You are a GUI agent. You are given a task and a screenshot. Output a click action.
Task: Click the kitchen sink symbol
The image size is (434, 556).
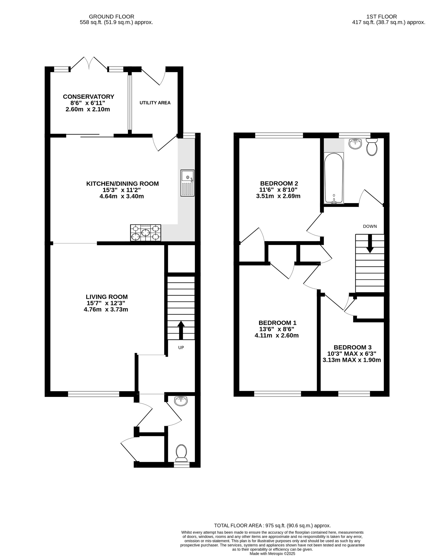tap(187, 183)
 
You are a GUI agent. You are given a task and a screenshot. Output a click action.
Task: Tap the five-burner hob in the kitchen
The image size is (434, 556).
tap(145, 233)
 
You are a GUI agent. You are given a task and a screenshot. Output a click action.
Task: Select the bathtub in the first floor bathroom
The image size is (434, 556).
tap(334, 178)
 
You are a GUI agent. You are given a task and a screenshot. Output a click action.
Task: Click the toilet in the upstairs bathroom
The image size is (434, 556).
tap(372, 147)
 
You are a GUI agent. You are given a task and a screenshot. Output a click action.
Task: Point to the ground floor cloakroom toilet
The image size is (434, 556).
tap(181, 453)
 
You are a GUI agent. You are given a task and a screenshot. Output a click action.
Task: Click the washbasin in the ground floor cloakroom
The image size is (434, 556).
tap(181, 401)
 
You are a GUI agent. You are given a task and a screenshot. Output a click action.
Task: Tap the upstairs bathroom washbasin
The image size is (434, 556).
tap(355, 144)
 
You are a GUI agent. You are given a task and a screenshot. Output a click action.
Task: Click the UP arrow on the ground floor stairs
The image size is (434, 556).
tap(181, 330)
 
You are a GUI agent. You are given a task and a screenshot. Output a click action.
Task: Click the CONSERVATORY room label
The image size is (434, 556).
tap(88, 97)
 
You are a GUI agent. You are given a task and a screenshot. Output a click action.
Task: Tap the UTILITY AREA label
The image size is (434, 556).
tap(155, 103)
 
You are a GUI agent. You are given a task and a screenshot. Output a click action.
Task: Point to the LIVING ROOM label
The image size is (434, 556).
tap(107, 297)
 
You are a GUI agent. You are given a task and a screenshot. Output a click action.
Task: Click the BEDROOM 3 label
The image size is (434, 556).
tap(352, 347)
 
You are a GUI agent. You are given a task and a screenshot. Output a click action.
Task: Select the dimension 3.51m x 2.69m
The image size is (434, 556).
tap(278, 196)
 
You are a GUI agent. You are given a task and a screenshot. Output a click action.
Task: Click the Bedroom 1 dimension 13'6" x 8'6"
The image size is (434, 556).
tap(277, 329)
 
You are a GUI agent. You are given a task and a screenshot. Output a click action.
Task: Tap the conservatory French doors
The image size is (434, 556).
tap(89, 63)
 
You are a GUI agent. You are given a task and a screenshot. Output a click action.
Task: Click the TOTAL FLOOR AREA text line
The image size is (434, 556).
tap(272, 525)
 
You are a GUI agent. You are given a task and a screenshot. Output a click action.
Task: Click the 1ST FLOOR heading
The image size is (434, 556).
tap(381, 17)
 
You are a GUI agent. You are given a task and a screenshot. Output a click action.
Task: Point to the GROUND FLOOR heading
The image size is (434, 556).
tap(112, 17)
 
